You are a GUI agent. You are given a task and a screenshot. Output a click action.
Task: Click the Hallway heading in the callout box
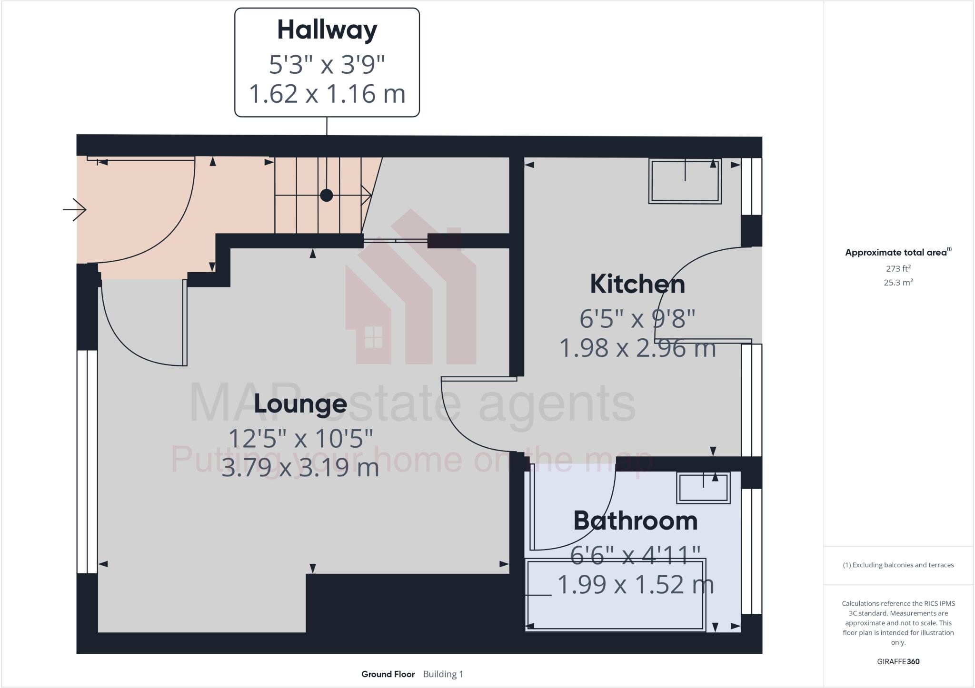327,30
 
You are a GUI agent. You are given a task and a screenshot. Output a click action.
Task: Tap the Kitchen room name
637,284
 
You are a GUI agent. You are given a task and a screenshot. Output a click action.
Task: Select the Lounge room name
300,403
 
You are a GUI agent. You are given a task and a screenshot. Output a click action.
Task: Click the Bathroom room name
635,521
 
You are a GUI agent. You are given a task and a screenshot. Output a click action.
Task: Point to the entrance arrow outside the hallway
75,209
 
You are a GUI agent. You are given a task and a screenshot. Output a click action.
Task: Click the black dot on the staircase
326,195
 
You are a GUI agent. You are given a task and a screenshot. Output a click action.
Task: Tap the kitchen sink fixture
685,181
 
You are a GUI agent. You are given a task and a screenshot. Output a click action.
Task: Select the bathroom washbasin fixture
703,488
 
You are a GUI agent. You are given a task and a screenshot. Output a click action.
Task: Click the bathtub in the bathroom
615,595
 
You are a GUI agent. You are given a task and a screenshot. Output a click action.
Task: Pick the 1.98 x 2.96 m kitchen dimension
637,348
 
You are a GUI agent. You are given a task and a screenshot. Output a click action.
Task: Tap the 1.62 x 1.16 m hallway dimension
327,93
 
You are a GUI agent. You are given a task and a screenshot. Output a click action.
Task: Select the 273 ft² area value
898,268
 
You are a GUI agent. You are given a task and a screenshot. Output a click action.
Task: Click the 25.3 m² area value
898,282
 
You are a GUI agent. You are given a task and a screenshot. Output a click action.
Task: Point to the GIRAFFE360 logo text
898,661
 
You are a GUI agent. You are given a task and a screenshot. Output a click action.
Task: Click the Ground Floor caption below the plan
388,674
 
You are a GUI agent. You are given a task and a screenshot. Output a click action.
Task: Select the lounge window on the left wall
88,462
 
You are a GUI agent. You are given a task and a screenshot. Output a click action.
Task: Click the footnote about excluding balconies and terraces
898,565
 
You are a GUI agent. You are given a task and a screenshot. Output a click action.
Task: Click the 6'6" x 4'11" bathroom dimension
635,555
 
